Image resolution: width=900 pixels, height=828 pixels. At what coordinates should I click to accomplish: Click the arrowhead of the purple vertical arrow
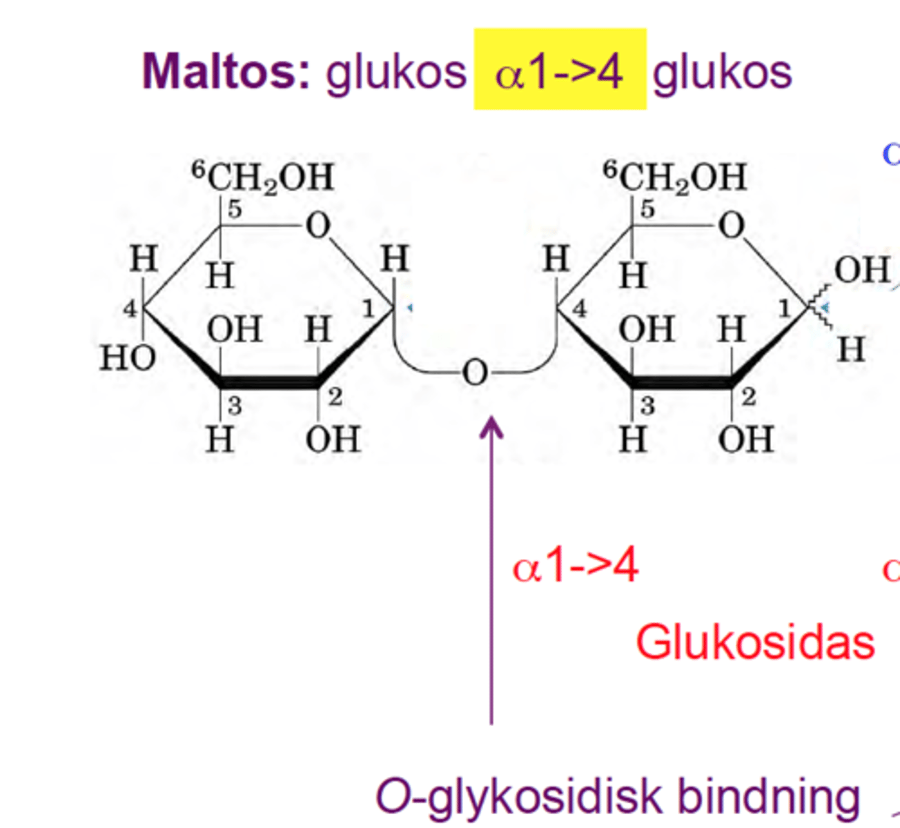pyautogui.click(x=491, y=427)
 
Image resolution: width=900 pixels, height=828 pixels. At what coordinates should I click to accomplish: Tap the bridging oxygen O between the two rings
pyautogui.click(x=475, y=373)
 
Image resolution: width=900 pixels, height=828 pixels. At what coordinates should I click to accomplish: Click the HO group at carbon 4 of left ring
pyautogui.click(x=128, y=358)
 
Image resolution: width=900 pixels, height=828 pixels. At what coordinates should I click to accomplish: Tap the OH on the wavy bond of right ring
pyautogui.click(x=862, y=270)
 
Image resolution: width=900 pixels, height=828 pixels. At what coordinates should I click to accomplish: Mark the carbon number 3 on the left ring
pyautogui.click(x=235, y=406)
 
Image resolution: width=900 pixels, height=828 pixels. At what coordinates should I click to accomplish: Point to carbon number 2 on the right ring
pyautogui.click(x=748, y=397)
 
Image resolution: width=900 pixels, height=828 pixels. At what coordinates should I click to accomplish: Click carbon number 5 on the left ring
pyautogui.click(x=235, y=209)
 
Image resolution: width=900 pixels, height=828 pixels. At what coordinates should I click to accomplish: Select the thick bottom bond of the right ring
pyautogui.click(x=682, y=383)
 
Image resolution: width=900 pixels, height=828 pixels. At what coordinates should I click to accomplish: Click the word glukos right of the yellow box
pyautogui.click(x=723, y=73)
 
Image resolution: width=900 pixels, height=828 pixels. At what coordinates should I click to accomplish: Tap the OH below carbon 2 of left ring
pyautogui.click(x=333, y=439)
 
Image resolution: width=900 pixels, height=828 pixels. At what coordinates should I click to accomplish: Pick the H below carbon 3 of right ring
pyautogui.click(x=633, y=439)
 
